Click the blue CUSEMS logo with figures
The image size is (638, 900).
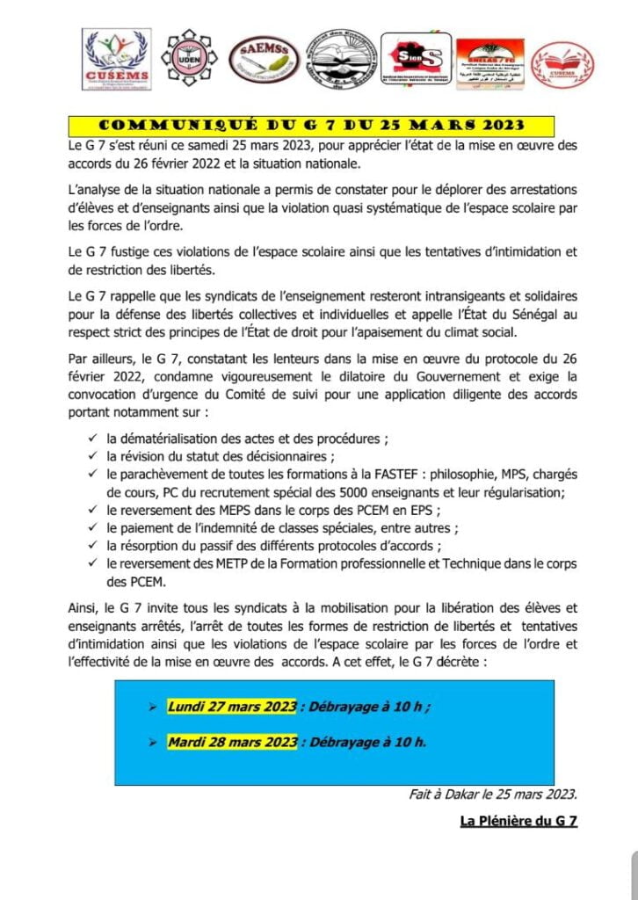115,58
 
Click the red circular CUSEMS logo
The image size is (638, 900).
563,63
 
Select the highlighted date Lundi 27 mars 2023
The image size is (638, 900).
231,707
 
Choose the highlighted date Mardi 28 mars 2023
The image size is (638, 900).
232,741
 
